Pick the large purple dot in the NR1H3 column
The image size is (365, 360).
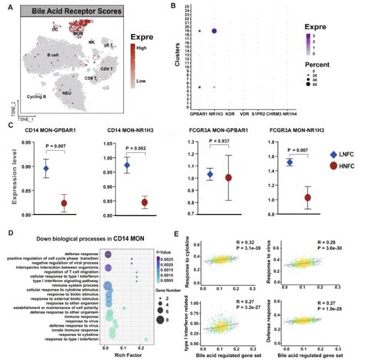click(213, 31)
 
